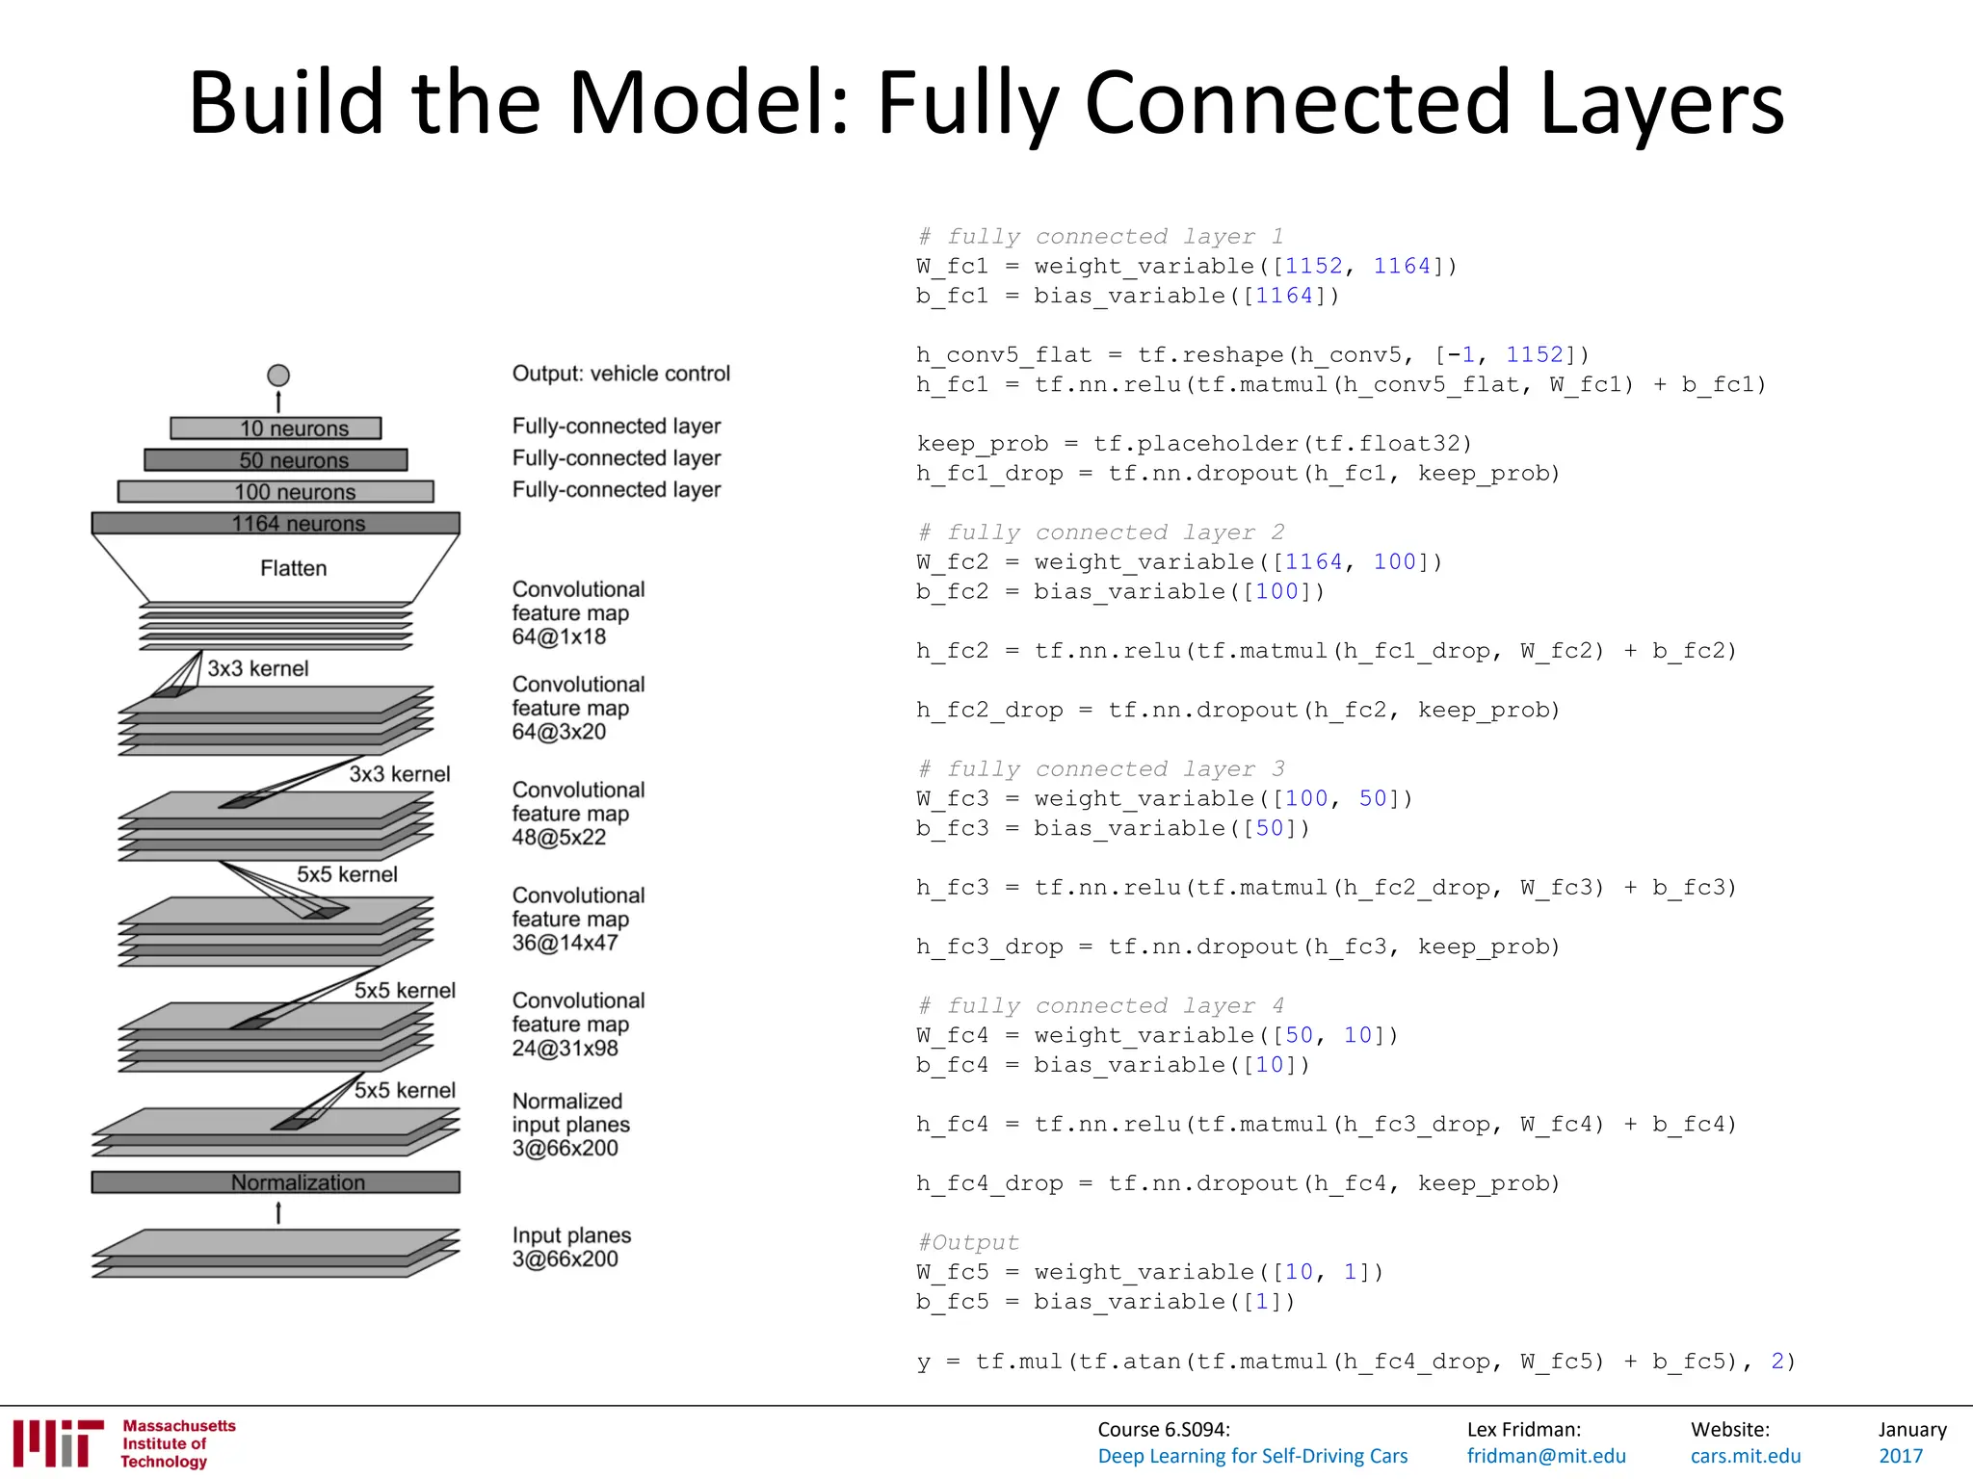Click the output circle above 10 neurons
278,376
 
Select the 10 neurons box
276,428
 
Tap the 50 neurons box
276,460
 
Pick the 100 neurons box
276,492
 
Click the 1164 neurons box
276,523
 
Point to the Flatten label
293,568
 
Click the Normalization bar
276,1182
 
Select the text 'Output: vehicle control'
621,374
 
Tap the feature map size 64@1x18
559,637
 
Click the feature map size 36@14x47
565,943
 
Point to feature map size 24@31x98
565,1049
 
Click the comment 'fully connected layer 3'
1101,769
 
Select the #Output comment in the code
968,1243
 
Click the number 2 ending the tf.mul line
1777,1362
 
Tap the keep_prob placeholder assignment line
1195,444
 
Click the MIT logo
58,1443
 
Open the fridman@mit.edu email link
1546,1457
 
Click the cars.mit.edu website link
1746,1457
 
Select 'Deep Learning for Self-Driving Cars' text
1252,1457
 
